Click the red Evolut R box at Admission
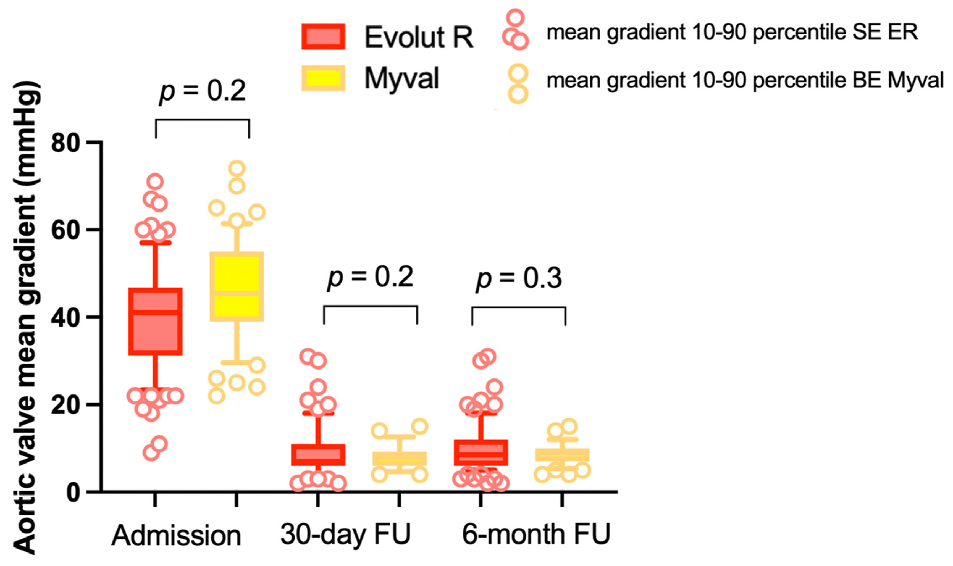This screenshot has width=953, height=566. click(x=155, y=322)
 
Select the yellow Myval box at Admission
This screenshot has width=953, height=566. click(x=237, y=286)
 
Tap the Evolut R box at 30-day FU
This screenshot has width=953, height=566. click(x=318, y=455)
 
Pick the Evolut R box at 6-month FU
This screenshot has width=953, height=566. click(x=481, y=453)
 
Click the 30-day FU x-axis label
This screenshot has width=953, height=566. click(x=346, y=534)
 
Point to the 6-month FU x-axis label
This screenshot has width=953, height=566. click(x=536, y=534)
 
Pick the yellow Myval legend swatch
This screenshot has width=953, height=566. click(x=323, y=78)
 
